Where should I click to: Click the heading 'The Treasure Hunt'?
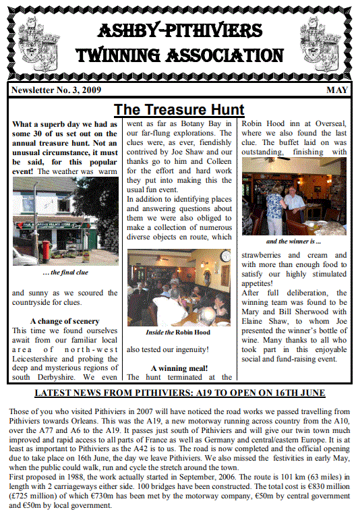(179, 109)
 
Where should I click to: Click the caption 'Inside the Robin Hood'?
(178, 332)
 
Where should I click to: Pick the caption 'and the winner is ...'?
(294, 241)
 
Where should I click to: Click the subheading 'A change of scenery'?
(65, 321)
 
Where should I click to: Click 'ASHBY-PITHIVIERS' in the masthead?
(180, 31)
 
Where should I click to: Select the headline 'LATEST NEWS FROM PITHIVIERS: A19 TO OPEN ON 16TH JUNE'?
(179, 393)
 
